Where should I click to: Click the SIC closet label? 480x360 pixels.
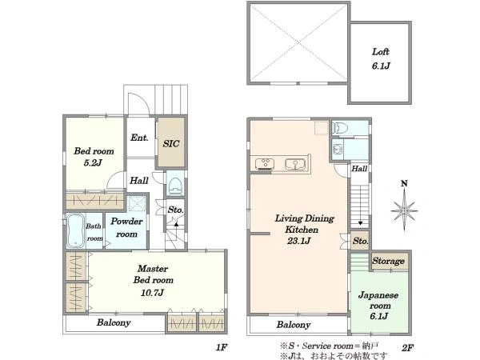(x=171, y=143)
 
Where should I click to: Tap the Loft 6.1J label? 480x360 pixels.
(x=381, y=58)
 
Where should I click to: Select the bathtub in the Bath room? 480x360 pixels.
(x=76, y=230)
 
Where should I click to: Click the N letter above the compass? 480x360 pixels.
(x=404, y=183)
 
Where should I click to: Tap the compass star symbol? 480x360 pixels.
(x=404, y=210)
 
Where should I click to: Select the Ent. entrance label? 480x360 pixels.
(x=139, y=138)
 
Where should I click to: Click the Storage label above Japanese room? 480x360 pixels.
(x=388, y=261)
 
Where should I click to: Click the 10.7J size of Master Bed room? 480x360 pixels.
(x=153, y=293)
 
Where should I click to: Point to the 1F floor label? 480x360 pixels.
(x=221, y=347)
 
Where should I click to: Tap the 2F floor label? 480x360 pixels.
(x=408, y=348)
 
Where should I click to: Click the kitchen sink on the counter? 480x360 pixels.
(x=295, y=164)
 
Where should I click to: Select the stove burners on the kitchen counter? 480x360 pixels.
(x=264, y=163)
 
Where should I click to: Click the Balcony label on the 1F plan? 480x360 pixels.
(x=114, y=322)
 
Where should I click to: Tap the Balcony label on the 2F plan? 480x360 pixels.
(x=294, y=325)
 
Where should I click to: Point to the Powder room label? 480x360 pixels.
(x=126, y=227)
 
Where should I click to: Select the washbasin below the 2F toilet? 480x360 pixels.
(x=338, y=150)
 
